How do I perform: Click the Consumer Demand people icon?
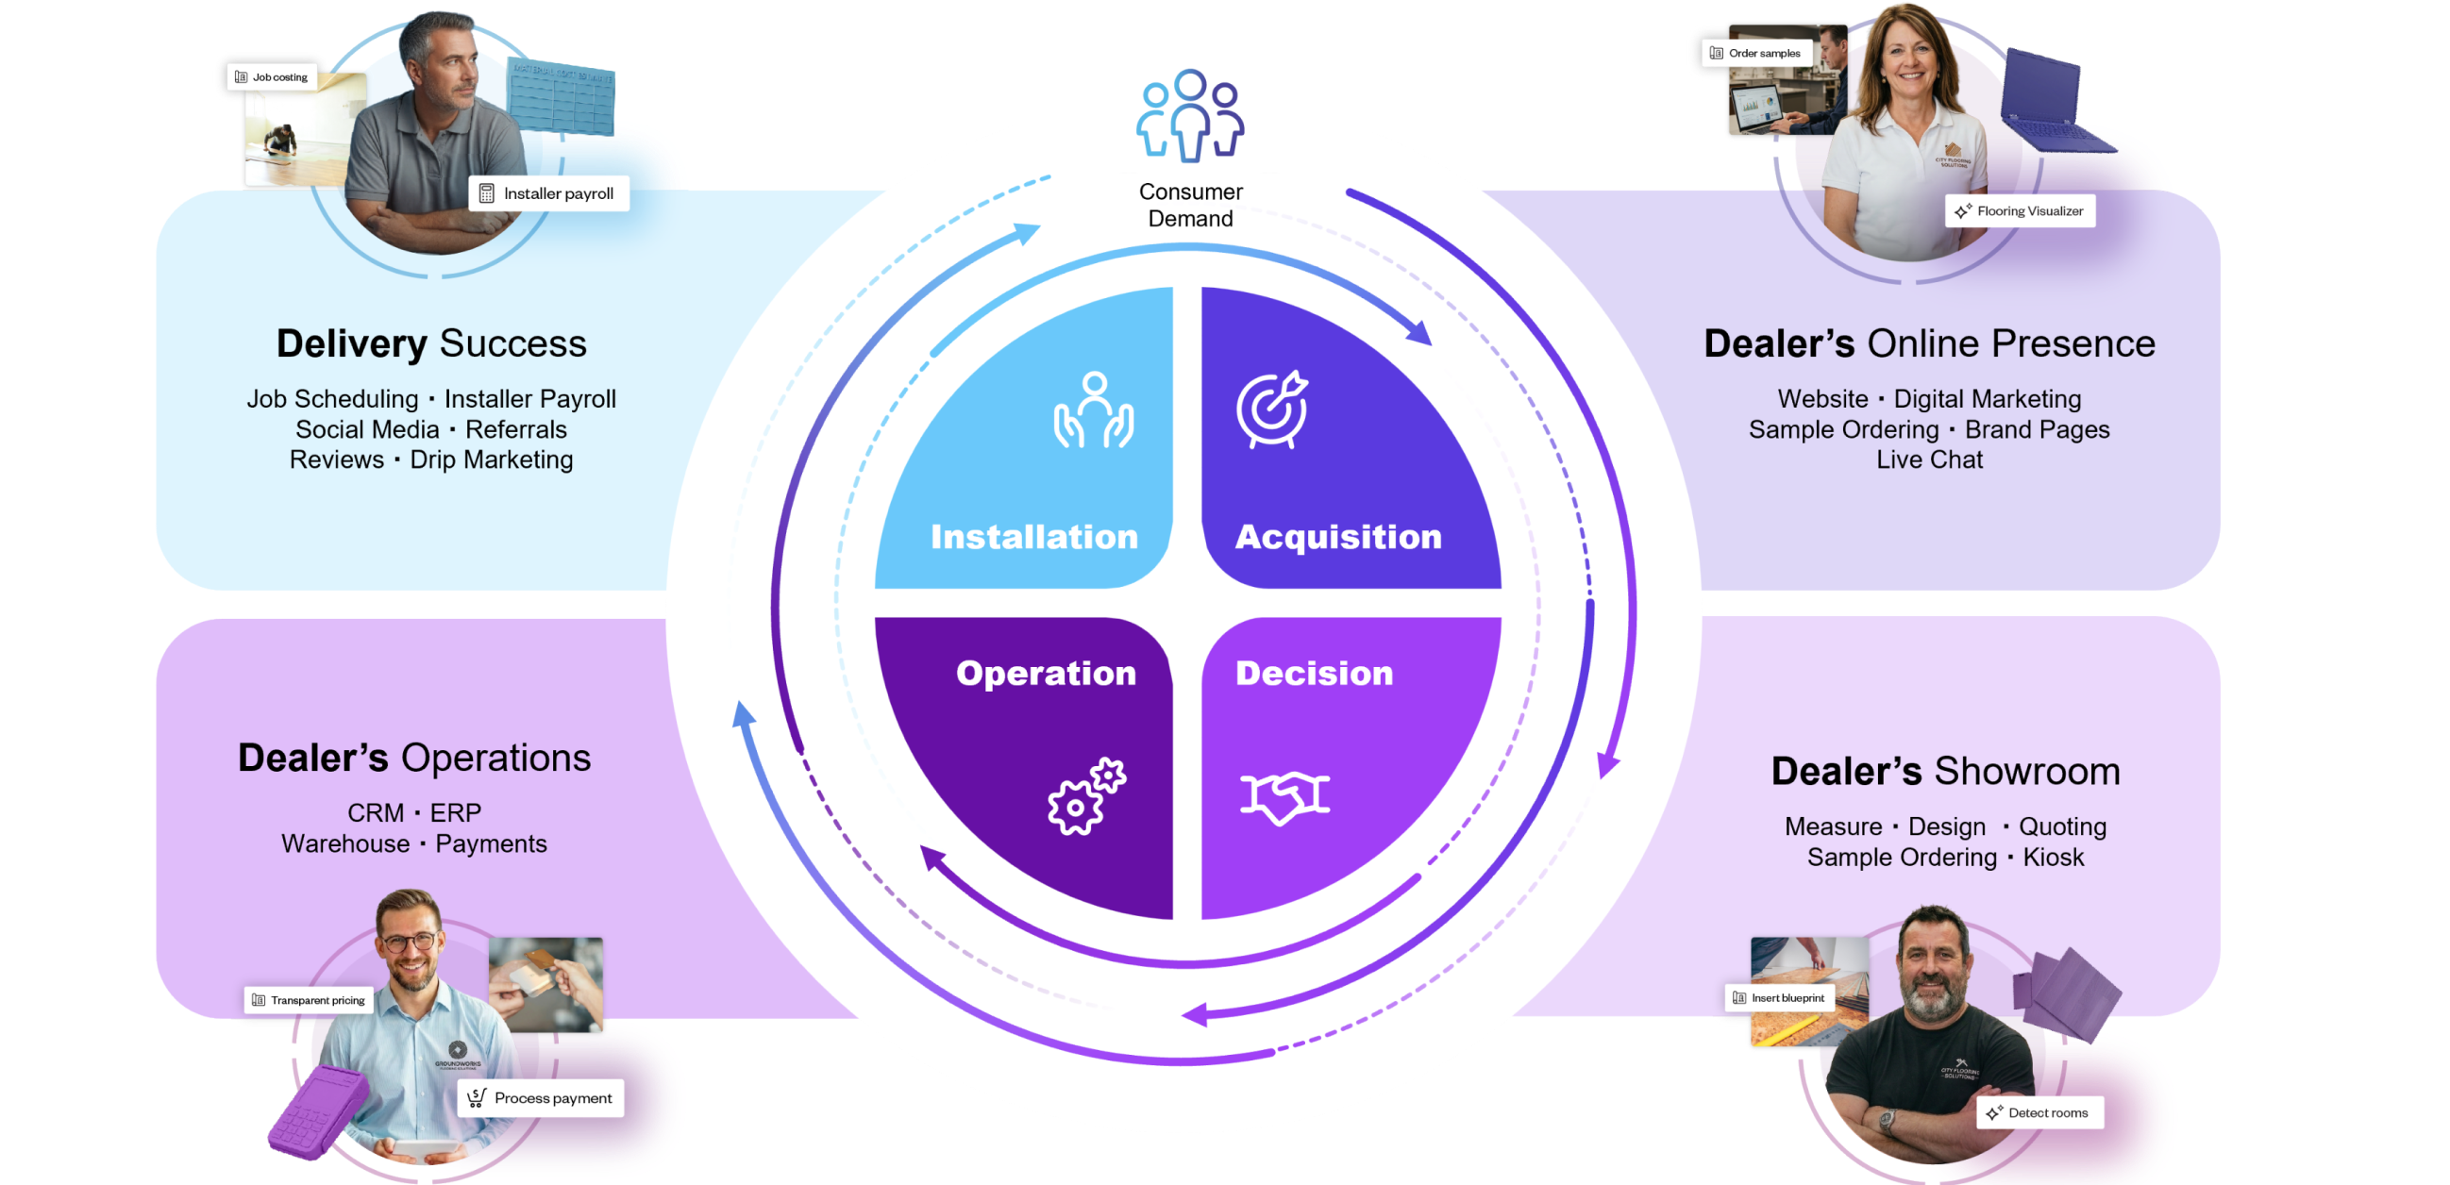point(1190,116)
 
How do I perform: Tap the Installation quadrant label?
point(1033,538)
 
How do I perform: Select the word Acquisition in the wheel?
point(1338,538)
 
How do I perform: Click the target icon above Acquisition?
point(1272,409)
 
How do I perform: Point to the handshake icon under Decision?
point(1284,796)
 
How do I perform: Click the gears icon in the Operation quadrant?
point(1086,797)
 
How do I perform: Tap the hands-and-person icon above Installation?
point(1094,409)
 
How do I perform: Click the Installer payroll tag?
point(548,194)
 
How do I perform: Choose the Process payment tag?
point(542,1098)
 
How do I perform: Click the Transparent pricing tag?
point(309,1000)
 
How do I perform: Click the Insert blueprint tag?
point(1779,997)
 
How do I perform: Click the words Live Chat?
point(1929,460)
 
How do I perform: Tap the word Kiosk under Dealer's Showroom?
point(2054,858)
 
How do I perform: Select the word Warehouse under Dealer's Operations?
point(345,844)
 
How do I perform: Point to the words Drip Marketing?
point(491,460)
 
